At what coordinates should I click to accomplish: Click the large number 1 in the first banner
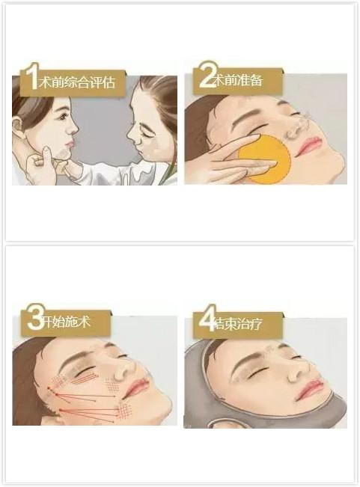point(31,77)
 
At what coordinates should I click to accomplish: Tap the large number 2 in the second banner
point(207,75)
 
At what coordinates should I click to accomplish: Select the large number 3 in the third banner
point(36,317)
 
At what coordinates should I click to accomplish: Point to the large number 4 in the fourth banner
point(207,318)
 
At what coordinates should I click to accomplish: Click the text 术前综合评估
point(77,82)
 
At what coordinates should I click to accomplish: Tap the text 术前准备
point(240,80)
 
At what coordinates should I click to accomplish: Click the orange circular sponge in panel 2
point(265,159)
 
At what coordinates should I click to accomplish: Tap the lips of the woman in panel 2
point(308,146)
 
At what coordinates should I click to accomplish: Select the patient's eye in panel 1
point(64,117)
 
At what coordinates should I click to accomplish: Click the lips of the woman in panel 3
point(135,386)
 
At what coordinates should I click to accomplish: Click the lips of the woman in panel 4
point(309,388)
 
